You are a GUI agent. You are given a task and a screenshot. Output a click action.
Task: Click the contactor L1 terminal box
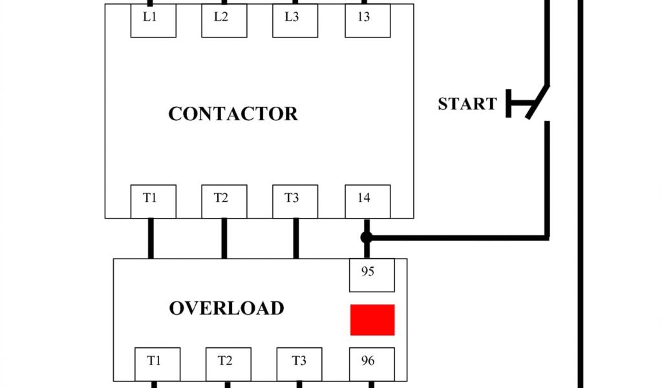pyautogui.click(x=153, y=21)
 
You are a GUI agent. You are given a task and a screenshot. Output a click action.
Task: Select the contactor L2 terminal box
pyautogui.click(x=224, y=21)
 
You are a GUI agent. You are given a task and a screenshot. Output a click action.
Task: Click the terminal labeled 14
pyautogui.click(x=367, y=201)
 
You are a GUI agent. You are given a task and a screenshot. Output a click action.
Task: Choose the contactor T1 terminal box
pyautogui.click(x=153, y=201)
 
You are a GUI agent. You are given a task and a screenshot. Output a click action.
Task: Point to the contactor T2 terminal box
pyautogui.click(x=224, y=201)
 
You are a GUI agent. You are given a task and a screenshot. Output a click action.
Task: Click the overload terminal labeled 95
pyautogui.click(x=372, y=275)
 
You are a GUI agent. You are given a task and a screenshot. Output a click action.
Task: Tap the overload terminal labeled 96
pyautogui.click(x=372, y=364)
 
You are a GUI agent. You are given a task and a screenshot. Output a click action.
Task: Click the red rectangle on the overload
pyautogui.click(x=372, y=319)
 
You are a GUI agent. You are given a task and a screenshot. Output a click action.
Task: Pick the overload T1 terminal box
pyautogui.click(x=157, y=364)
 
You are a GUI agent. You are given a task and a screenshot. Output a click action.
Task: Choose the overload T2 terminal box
pyautogui.click(x=228, y=364)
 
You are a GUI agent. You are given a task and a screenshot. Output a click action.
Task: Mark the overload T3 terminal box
pyautogui.click(x=299, y=364)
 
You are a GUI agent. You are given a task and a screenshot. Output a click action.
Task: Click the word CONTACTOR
pyautogui.click(x=233, y=114)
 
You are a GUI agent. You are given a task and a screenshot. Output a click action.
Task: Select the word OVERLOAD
pyautogui.click(x=226, y=308)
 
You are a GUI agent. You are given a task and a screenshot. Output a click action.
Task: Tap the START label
pyautogui.click(x=467, y=104)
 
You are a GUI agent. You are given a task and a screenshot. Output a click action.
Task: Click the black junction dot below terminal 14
pyautogui.click(x=367, y=238)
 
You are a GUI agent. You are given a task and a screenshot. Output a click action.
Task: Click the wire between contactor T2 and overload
pyautogui.click(x=224, y=239)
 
